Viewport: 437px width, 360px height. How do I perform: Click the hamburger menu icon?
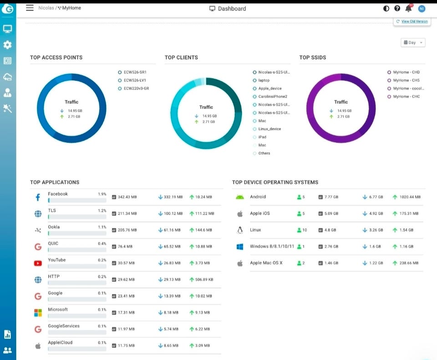tap(30, 8)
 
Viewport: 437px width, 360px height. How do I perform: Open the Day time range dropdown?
tap(413, 42)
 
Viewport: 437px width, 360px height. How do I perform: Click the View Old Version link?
tap(414, 21)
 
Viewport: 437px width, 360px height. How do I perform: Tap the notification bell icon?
tap(408, 8)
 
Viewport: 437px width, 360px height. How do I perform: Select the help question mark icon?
tap(397, 8)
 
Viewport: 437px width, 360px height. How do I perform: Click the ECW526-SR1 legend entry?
tap(132, 72)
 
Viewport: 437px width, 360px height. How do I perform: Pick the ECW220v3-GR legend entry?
tap(133, 88)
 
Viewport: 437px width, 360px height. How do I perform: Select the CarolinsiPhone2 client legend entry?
tap(270, 97)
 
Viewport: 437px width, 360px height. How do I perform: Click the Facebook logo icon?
tap(38, 197)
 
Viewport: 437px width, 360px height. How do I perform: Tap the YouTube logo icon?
tap(38, 263)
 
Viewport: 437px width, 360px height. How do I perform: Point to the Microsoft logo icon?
tap(38, 313)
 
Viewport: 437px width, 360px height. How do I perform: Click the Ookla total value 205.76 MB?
tap(127, 230)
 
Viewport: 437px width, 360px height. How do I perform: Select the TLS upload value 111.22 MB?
tap(204, 214)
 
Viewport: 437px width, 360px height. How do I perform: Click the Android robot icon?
tap(240, 197)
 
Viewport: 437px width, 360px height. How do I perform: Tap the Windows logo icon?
tap(240, 247)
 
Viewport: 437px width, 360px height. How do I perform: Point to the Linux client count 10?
tap(305, 230)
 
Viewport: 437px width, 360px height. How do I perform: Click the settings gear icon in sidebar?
tap(8, 45)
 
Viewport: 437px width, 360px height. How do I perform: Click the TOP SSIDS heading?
tap(312, 57)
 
